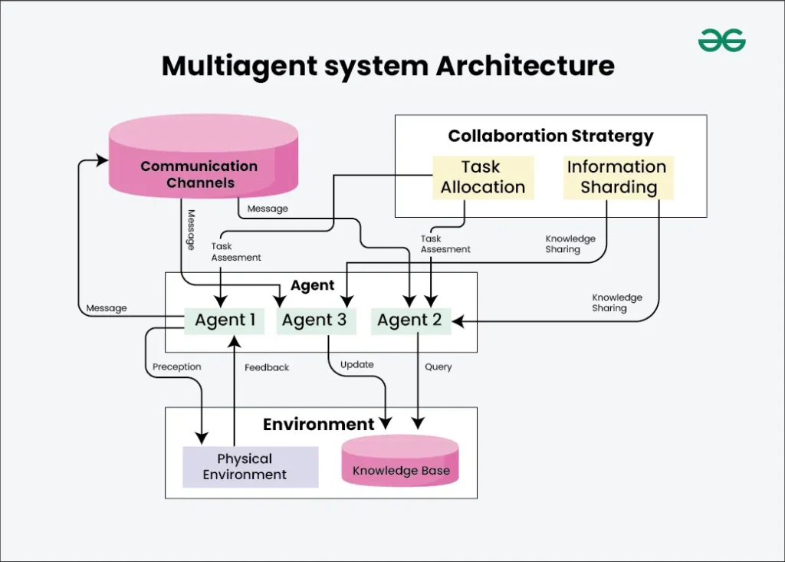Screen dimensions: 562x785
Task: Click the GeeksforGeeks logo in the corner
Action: coord(721,40)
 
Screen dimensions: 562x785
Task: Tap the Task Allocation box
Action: coord(483,178)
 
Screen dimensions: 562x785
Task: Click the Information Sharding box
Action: coord(618,178)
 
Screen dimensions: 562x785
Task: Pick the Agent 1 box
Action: coord(225,320)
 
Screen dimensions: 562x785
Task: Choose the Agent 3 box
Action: coord(314,320)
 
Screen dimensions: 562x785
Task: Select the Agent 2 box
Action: coord(410,320)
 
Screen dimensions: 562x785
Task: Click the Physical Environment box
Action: coord(250,466)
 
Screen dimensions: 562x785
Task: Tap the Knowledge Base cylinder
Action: coord(400,463)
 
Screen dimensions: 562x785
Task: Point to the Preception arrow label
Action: coord(176,367)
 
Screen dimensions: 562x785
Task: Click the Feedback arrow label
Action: coord(267,368)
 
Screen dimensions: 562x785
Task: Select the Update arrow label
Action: coord(357,365)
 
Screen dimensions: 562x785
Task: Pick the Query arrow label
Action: coord(438,367)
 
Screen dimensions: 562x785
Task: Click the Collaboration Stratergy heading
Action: coord(550,136)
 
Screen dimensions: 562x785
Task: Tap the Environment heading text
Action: coord(318,425)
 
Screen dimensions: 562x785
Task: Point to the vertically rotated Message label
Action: coord(191,228)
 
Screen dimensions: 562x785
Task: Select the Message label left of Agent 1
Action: coord(107,308)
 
